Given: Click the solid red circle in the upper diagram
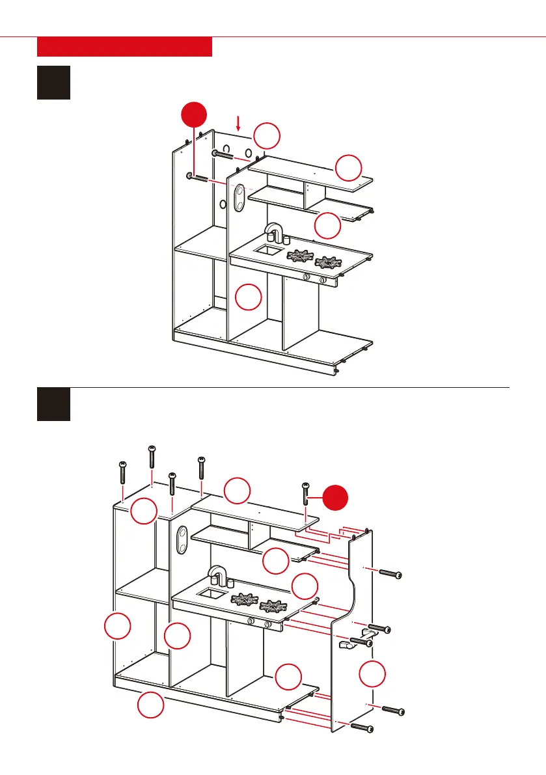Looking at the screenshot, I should (x=195, y=117).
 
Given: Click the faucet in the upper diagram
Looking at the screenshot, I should (x=275, y=232).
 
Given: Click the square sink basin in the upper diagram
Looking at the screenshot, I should (x=268, y=249).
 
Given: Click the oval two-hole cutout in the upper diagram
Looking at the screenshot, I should (x=239, y=198).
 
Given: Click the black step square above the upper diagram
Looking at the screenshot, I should (x=53, y=82).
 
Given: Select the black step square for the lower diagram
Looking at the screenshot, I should (x=53, y=404).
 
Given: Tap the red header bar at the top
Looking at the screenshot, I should (x=124, y=47).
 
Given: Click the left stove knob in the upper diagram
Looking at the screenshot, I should (x=306, y=277).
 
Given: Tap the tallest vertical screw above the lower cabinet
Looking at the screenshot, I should (x=152, y=457).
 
